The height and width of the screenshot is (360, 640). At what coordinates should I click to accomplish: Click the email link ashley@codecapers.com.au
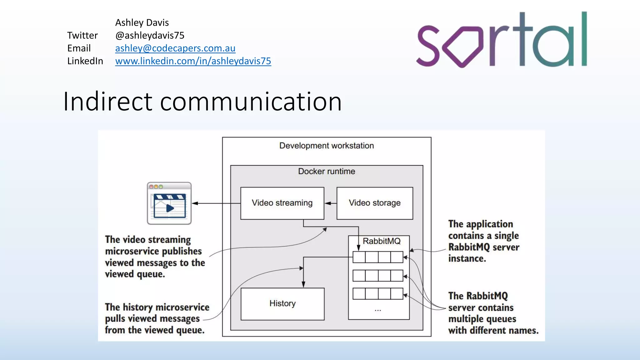pos(175,48)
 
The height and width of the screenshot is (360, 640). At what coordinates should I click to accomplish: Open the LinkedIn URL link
pos(193,61)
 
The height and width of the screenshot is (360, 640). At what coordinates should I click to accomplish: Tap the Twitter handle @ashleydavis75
pos(150,35)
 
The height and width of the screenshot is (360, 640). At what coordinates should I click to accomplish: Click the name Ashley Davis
pos(142,22)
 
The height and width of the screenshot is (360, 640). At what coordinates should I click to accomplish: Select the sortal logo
pos(501,40)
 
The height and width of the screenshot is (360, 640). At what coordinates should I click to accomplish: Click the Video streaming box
pos(282,203)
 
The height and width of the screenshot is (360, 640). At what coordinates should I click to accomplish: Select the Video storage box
pos(374,203)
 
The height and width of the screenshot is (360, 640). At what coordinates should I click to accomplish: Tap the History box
pos(282,304)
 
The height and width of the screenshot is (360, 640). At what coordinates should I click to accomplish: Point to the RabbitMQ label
pos(381,241)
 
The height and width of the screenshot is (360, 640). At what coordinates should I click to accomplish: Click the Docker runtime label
pos(326,171)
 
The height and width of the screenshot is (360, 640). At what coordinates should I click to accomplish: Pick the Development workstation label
pos(326,146)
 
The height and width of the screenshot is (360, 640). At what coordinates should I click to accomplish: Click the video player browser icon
pos(169,203)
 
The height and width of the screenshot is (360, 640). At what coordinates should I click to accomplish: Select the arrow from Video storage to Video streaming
pos(330,203)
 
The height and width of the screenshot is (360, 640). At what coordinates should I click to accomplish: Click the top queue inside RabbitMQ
pos(377,257)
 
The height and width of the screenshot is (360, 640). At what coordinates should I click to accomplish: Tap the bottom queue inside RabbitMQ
pos(377,294)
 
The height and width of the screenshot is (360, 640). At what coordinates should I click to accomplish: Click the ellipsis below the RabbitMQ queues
pos(377,310)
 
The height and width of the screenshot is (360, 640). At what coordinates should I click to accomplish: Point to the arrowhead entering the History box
pos(303,284)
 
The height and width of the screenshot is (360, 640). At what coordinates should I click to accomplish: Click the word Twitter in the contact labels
pos(82,35)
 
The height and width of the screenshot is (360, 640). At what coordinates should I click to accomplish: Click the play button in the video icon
pos(170,208)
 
